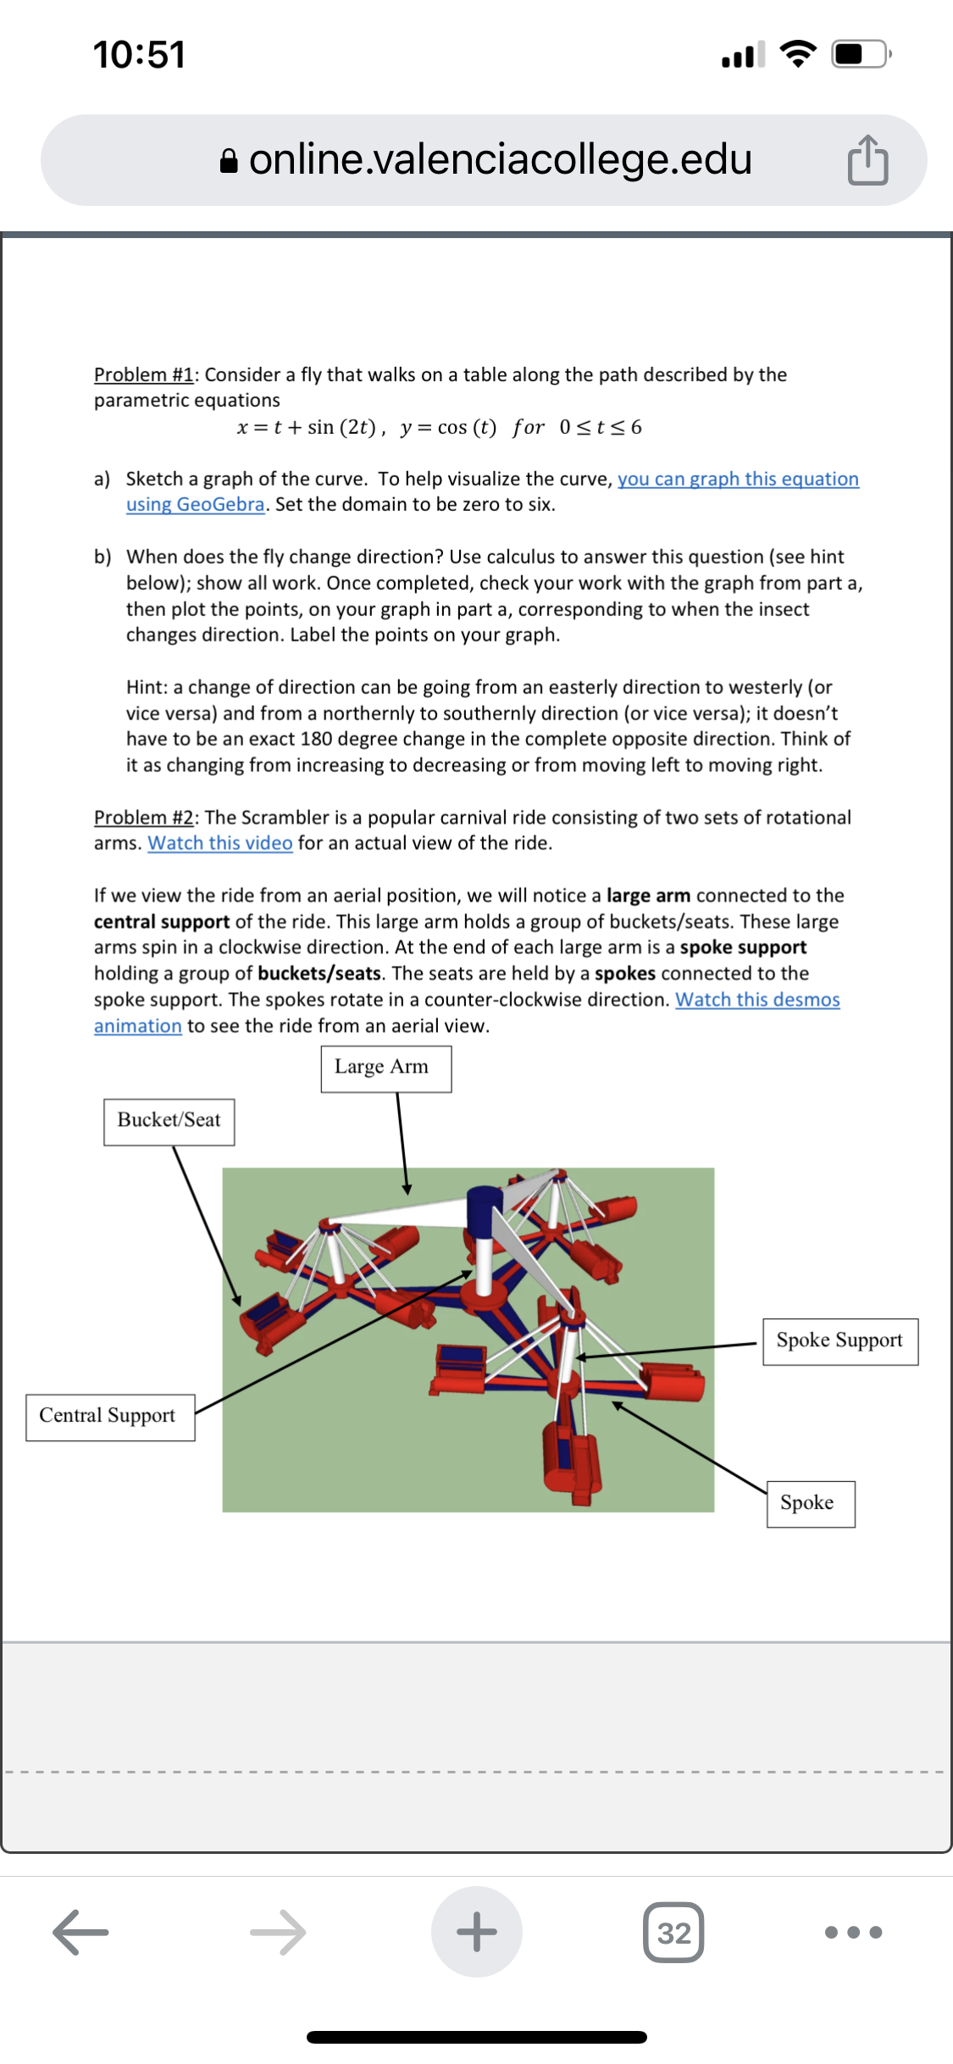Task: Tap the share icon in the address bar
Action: point(867,159)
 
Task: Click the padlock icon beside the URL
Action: point(229,160)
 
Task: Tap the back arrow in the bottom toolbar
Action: point(80,1932)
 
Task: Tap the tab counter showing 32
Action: point(673,1933)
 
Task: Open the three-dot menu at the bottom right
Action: point(852,1932)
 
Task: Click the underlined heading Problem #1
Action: point(144,375)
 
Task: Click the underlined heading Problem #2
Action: point(144,818)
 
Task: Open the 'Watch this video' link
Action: point(220,843)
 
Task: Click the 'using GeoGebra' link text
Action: point(196,504)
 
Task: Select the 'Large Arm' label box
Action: point(385,1068)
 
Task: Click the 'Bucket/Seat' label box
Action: point(169,1122)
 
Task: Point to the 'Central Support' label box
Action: point(110,1417)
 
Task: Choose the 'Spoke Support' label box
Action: point(839,1341)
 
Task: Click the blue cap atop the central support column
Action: point(485,1207)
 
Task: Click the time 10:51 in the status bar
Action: point(139,55)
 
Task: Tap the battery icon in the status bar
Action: point(860,55)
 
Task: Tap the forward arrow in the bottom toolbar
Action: point(278,1932)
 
